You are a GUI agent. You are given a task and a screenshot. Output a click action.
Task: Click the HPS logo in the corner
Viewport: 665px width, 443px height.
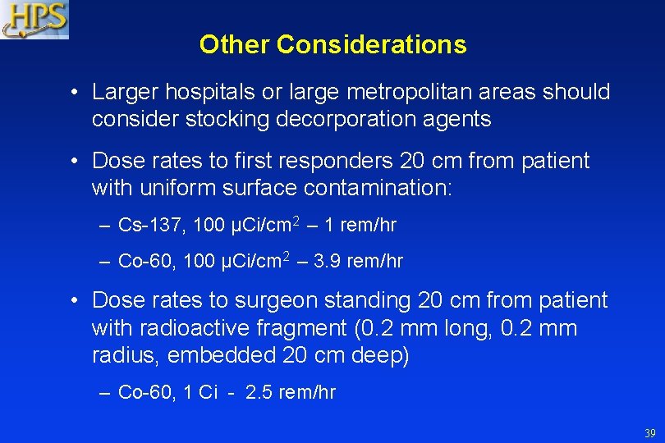pos(34,20)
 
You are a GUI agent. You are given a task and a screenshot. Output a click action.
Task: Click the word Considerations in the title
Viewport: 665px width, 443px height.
pos(371,44)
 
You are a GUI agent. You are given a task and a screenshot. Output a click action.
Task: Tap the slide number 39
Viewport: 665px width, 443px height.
pos(649,433)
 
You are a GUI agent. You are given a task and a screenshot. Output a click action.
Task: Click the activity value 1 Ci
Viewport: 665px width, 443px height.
pos(199,392)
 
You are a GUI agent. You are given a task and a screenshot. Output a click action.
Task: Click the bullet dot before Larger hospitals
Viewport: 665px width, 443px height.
pos(74,93)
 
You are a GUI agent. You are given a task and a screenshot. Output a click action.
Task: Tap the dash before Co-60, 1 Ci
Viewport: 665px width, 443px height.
pos(104,392)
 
